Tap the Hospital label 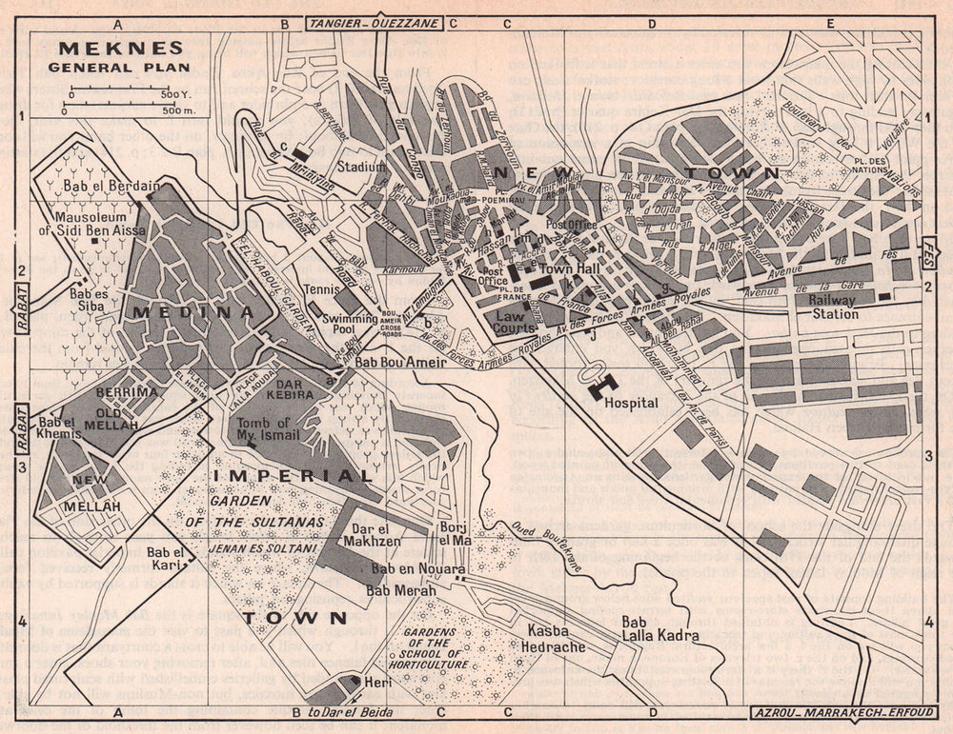point(631,403)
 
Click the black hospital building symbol point(602,385)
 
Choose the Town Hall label point(568,270)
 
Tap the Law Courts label point(515,322)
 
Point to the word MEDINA point(193,311)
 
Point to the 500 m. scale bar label point(178,111)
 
